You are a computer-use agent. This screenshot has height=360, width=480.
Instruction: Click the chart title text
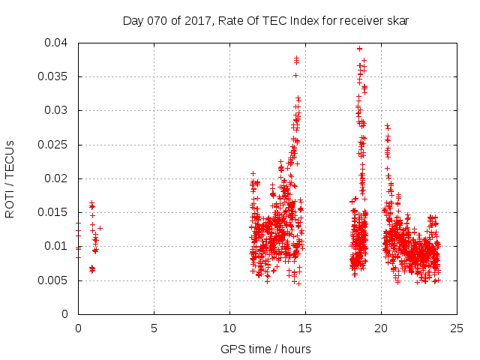pyautogui.click(x=265, y=21)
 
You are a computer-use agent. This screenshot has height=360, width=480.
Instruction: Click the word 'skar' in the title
pyautogui.click(x=397, y=21)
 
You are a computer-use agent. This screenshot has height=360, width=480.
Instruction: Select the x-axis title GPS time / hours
pyautogui.click(x=265, y=349)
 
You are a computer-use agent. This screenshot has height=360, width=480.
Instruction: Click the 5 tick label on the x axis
pyautogui.click(x=154, y=328)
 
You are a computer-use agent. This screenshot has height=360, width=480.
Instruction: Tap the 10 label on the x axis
pyautogui.click(x=229, y=328)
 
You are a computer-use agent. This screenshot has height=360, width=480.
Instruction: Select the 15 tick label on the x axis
pyautogui.click(x=305, y=328)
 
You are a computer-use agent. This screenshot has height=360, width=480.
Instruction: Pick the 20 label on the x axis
pyautogui.click(x=381, y=328)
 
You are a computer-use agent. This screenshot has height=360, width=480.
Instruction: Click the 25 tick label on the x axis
pyautogui.click(x=457, y=328)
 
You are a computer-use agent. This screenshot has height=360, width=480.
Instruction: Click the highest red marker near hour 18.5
pyautogui.click(x=360, y=49)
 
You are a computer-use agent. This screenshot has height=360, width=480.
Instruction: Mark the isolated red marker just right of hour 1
pyautogui.click(x=100, y=228)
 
